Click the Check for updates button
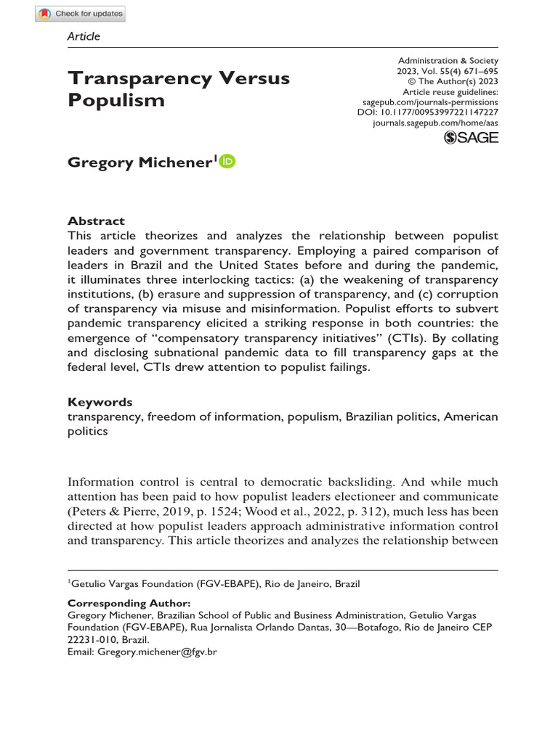pos(80,13)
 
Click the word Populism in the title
pos(116,100)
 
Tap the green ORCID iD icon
pos(227,162)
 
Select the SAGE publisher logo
pos(472,137)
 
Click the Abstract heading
pos(96,221)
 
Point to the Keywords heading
pos(100,402)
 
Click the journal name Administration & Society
pos(448,61)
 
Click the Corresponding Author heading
pos(129,603)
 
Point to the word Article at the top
pos(84,36)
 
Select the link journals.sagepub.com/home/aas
pos(435,124)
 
